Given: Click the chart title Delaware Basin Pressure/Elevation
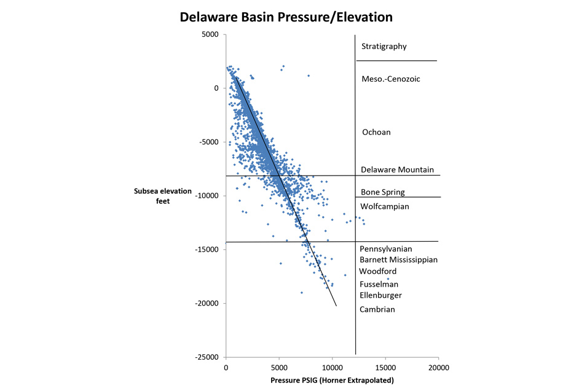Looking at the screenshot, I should pyautogui.click(x=286, y=17).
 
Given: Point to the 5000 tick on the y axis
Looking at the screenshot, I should pyautogui.click(x=210, y=34).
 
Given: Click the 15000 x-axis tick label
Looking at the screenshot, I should pyautogui.click(x=385, y=368).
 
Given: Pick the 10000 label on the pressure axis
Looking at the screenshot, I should pyautogui.click(x=332, y=368).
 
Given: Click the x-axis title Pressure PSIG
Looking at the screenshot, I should pyautogui.click(x=332, y=381).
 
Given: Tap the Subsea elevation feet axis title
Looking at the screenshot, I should pyautogui.click(x=163, y=195).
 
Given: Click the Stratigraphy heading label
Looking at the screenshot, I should pyautogui.click(x=384, y=47).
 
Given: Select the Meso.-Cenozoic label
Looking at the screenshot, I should pyautogui.click(x=390, y=79).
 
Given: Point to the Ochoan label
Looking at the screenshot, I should pyautogui.click(x=376, y=133).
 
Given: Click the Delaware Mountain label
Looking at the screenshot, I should pyautogui.click(x=397, y=170).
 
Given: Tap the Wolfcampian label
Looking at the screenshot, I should pyautogui.click(x=384, y=207).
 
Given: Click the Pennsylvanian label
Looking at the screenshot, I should pyautogui.click(x=385, y=249).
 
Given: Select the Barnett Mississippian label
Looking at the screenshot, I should pyautogui.click(x=398, y=260).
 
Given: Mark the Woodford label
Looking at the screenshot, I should pyautogui.click(x=377, y=271).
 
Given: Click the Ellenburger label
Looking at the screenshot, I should pyautogui.click(x=380, y=295).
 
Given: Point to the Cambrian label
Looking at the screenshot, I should pyautogui.click(x=377, y=309).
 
